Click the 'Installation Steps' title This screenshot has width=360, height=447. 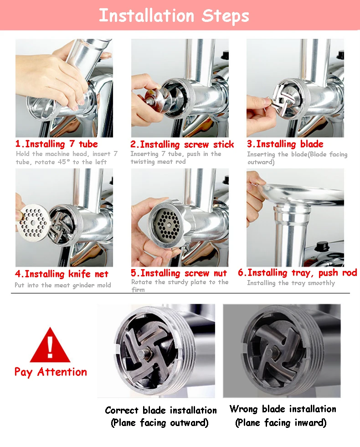tap(174, 16)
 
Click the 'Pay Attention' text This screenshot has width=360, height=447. tap(51, 372)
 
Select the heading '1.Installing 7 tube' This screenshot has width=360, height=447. tap(57, 144)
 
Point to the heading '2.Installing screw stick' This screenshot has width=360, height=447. tap(182, 145)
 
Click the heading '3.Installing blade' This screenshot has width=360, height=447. tap(285, 144)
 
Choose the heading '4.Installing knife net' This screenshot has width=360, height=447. tap(62, 274)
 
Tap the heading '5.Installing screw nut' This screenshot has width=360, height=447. tap(179, 273)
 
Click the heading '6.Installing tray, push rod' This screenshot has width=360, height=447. tap(297, 273)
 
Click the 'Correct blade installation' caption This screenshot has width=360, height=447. tap(160, 410)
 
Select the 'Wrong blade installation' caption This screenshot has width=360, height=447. tap(283, 409)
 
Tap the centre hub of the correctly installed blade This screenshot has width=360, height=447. tap(142, 354)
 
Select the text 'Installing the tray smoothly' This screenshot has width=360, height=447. tap(291, 283)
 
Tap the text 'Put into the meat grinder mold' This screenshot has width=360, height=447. tap(63, 285)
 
